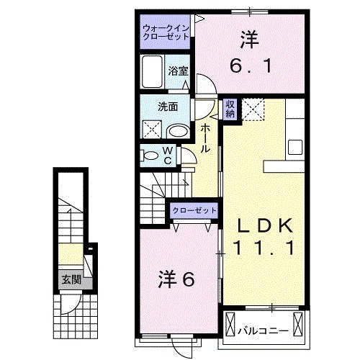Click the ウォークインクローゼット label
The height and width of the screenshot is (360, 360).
click(x=166, y=32)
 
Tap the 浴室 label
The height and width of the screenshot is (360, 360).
click(x=179, y=71)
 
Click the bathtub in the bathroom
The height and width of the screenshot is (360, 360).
click(x=153, y=72)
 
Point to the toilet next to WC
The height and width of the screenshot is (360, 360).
click(x=149, y=154)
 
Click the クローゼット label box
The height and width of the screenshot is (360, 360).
click(x=194, y=210)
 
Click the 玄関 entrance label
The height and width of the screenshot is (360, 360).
click(x=70, y=279)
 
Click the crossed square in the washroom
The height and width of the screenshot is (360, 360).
click(x=153, y=130)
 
